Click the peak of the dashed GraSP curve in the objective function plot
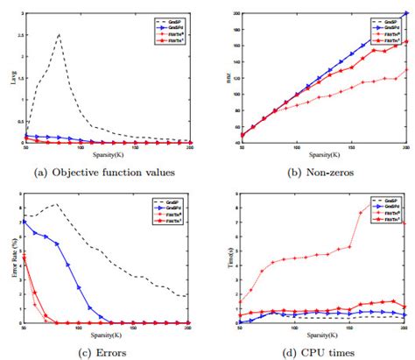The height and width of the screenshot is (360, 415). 59,35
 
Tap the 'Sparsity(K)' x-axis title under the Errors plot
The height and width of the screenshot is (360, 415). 106,333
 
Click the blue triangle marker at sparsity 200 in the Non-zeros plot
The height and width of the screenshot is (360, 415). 405,14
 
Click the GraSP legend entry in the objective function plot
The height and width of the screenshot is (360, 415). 171,17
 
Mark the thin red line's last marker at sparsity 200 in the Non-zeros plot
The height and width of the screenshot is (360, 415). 405,70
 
